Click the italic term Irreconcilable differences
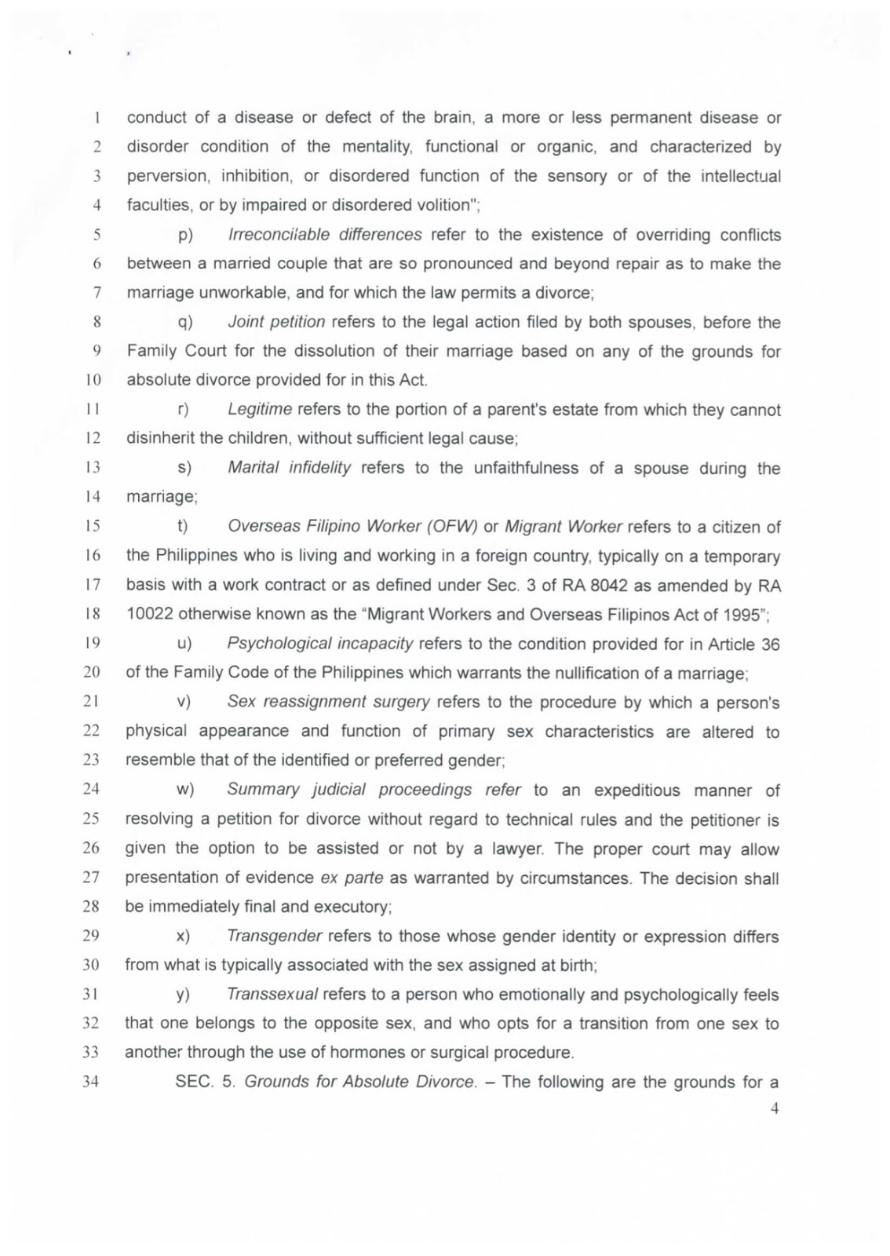coord(325,235)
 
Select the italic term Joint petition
coord(276,322)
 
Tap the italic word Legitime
coord(260,410)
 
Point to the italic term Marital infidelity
coord(289,468)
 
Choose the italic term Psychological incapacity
coord(319,644)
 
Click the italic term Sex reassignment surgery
coord(328,702)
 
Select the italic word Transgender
coord(274,936)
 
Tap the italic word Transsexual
coord(272,995)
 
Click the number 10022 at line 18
coord(150,615)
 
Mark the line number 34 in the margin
coord(91,1082)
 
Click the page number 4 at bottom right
coord(774,1110)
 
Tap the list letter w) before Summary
coord(185,790)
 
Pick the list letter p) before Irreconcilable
coord(185,235)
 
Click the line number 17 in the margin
coord(92,586)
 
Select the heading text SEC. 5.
coord(206,1082)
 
